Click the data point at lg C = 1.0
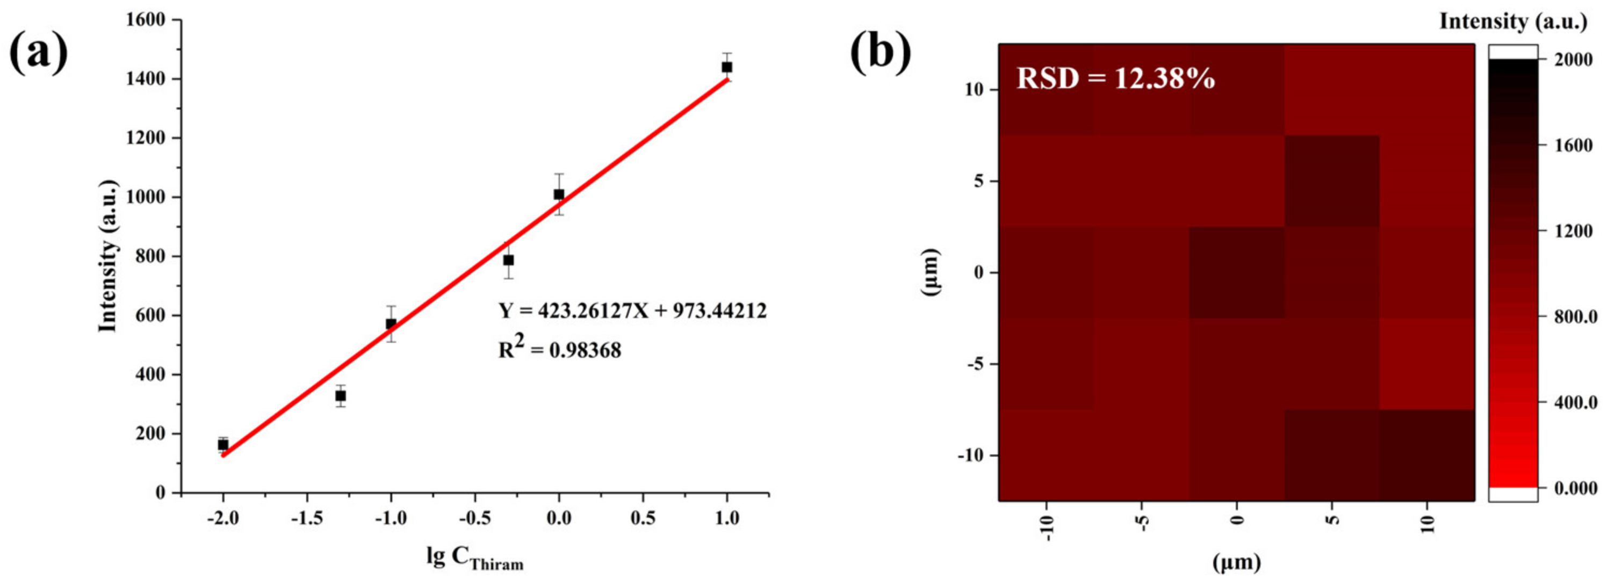pyautogui.click(x=727, y=67)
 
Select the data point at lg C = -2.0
pyautogui.click(x=223, y=444)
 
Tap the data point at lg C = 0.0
pyautogui.click(x=559, y=194)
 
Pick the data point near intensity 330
pyautogui.click(x=341, y=395)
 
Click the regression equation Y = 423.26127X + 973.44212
pyautogui.click(x=632, y=310)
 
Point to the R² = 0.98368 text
pyautogui.click(x=560, y=349)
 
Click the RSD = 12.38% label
pyautogui.click(x=1115, y=78)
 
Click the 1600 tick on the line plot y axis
pyautogui.click(x=147, y=20)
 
